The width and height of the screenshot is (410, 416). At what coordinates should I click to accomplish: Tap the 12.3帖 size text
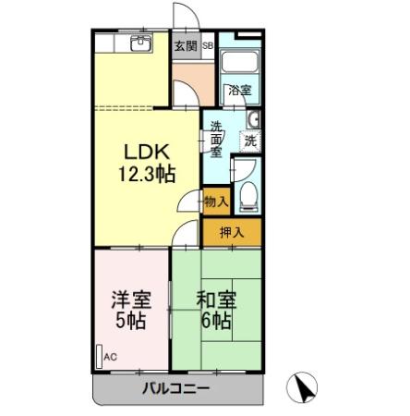pyautogui.click(x=146, y=173)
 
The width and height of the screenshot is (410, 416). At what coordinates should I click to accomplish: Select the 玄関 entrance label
pyautogui.click(x=185, y=44)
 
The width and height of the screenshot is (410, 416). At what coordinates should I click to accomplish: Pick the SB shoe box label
pyautogui.click(x=208, y=44)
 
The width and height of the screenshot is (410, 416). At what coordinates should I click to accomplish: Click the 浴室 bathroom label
pyautogui.click(x=239, y=92)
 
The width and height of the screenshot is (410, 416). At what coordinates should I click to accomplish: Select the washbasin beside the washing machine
pyautogui.click(x=255, y=118)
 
